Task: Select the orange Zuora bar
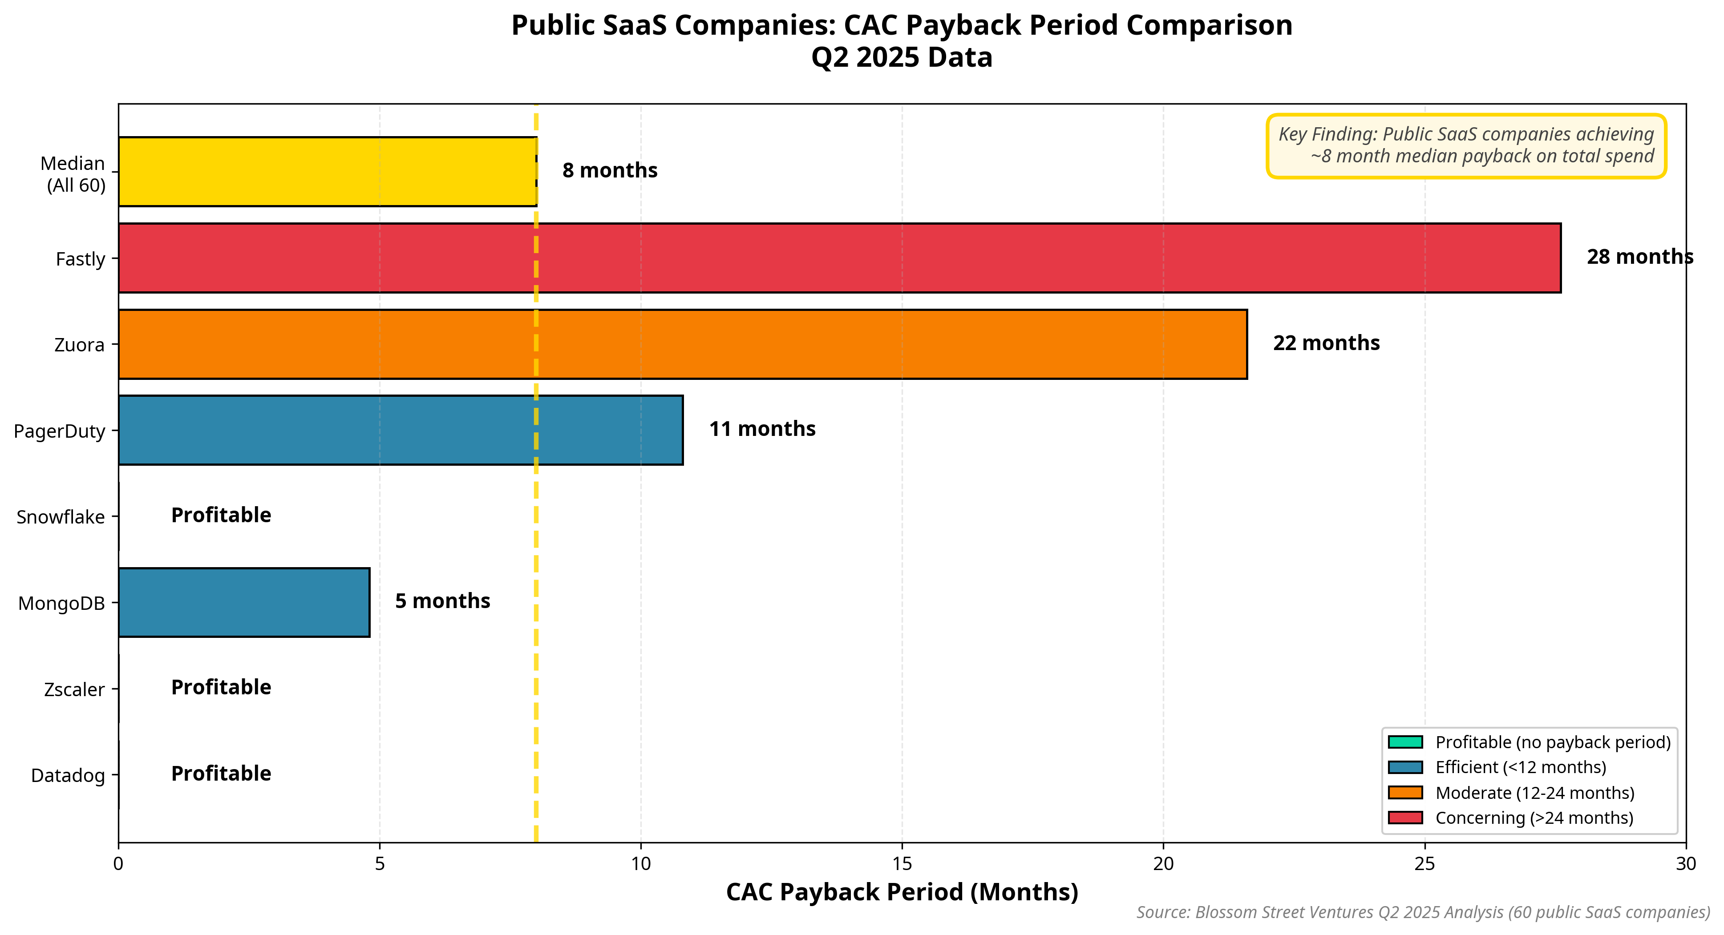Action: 683,344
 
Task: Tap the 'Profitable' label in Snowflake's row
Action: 221,515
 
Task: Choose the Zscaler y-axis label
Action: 74,689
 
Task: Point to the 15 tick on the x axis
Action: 902,863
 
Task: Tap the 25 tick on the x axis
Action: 1425,863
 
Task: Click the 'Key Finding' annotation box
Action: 1466,146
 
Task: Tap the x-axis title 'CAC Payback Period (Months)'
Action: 902,892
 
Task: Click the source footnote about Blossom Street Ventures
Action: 1423,913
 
